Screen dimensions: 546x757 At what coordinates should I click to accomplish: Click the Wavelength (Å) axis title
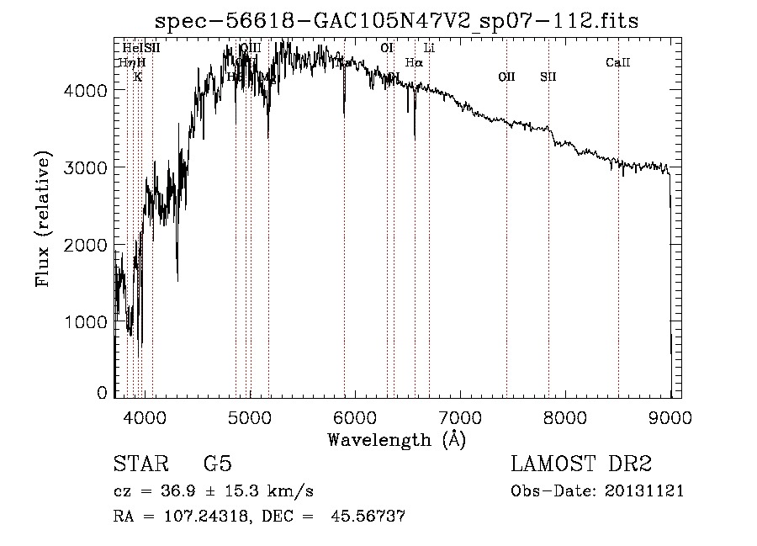click(x=396, y=440)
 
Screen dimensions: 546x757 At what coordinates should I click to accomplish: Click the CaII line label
click(x=618, y=63)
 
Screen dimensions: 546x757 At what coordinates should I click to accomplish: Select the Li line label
click(x=429, y=48)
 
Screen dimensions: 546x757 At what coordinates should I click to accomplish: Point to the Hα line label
click(x=414, y=62)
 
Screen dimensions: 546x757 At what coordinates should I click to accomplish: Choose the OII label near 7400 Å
click(x=506, y=77)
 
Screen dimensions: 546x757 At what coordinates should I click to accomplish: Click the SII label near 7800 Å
click(x=548, y=77)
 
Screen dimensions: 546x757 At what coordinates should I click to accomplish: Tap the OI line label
click(x=387, y=48)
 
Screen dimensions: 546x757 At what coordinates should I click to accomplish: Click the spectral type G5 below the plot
click(x=217, y=464)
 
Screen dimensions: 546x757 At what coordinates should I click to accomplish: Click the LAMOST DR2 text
click(x=581, y=464)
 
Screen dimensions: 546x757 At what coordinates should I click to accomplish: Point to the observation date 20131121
click(x=647, y=491)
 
